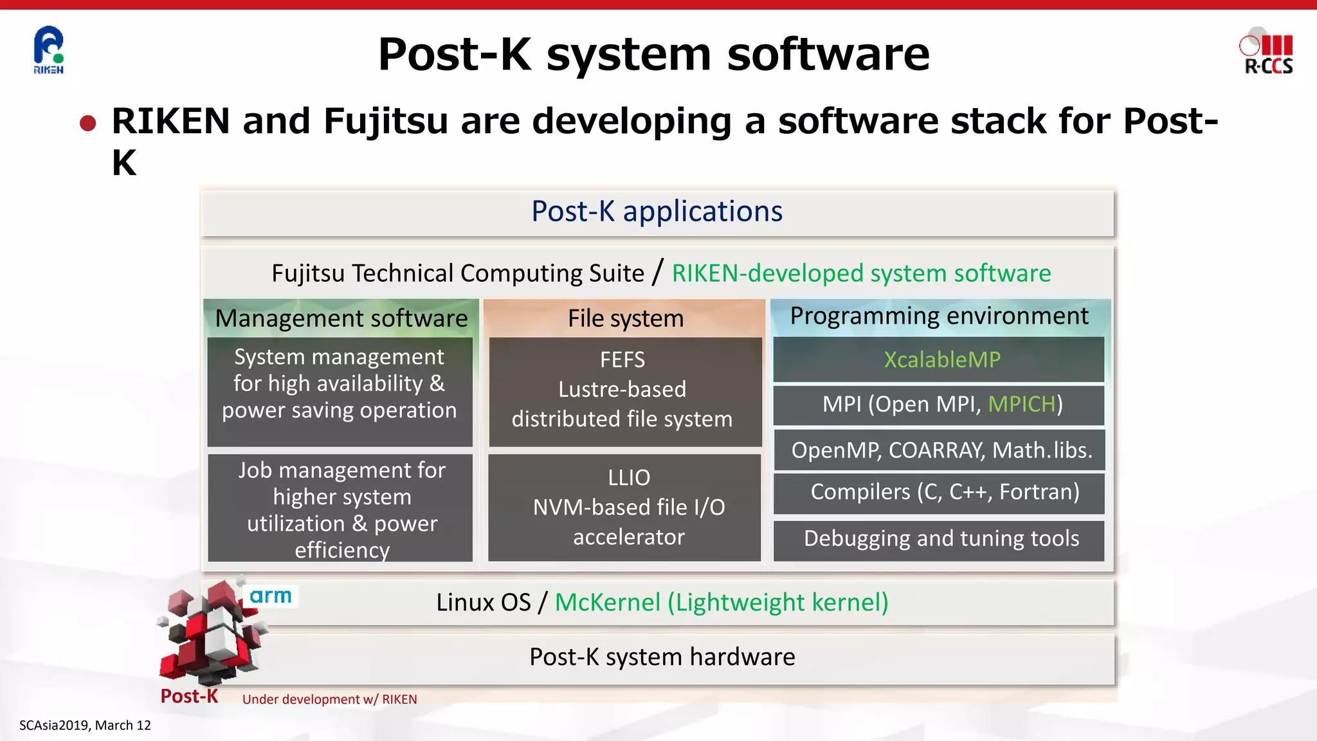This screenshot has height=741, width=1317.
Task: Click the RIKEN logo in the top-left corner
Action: point(49,50)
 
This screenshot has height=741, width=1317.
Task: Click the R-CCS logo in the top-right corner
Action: point(1267,51)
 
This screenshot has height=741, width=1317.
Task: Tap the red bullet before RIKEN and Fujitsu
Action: point(88,123)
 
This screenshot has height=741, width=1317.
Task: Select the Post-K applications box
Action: point(657,212)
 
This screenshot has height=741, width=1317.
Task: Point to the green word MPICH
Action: point(1021,405)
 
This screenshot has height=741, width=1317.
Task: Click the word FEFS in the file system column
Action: point(622,360)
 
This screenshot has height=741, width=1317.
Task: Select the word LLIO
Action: point(628,478)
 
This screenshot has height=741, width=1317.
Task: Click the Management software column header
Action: point(341,318)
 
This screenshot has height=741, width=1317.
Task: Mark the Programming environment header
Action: point(939,316)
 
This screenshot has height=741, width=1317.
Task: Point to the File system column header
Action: point(625,318)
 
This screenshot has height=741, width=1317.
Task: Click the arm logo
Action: point(271,596)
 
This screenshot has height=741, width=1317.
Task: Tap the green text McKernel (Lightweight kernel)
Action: point(721,603)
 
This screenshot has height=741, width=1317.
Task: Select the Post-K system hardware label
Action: point(662,657)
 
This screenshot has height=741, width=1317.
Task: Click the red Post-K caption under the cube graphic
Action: point(189,697)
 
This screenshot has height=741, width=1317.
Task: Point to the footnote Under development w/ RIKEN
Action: point(329,700)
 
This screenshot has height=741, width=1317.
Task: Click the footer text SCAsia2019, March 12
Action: point(85,726)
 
